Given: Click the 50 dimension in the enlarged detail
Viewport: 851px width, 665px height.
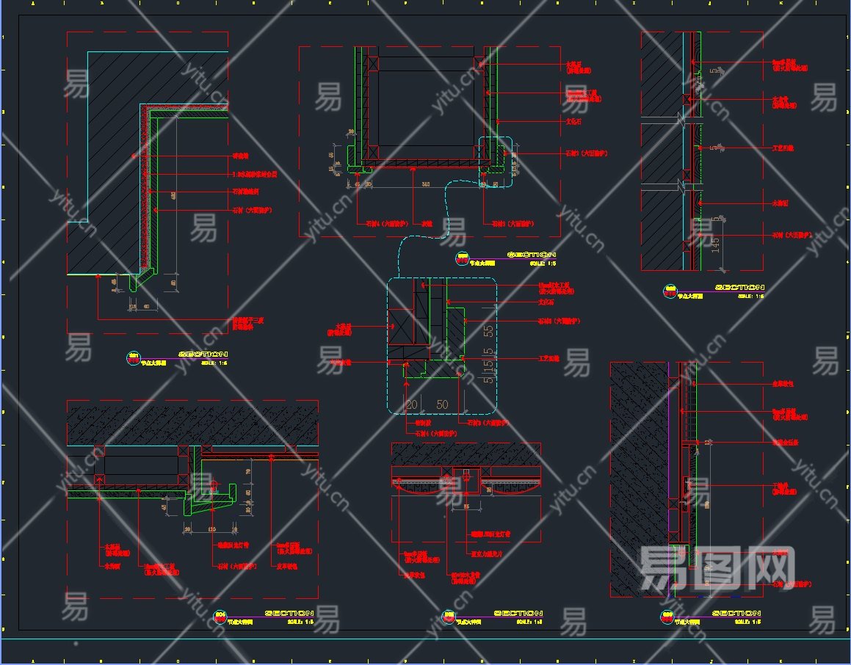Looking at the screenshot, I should pyautogui.click(x=442, y=404).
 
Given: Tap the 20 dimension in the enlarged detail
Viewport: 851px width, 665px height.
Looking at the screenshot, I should pyautogui.click(x=411, y=404).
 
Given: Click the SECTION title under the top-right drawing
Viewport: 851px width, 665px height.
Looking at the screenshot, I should pyautogui.click(x=739, y=287).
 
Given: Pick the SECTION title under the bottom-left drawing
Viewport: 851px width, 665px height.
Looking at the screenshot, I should pyautogui.click(x=289, y=613).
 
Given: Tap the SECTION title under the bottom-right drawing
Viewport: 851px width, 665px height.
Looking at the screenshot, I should pyautogui.click(x=736, y=613).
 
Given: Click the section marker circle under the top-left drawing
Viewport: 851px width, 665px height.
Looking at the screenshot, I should pyautogui.click(x=134, y=357).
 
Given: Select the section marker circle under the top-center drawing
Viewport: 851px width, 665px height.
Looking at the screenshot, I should pyautogui.click(x=463, y=258).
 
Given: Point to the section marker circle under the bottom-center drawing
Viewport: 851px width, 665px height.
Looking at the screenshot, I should pyautogui.click(x=448, y=617).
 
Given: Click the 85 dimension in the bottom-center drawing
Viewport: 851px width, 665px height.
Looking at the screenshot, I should pyautogui.click(x=466, y=506).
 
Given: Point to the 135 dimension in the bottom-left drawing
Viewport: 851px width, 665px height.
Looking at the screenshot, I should pyautogui.click(x=212, y=528).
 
